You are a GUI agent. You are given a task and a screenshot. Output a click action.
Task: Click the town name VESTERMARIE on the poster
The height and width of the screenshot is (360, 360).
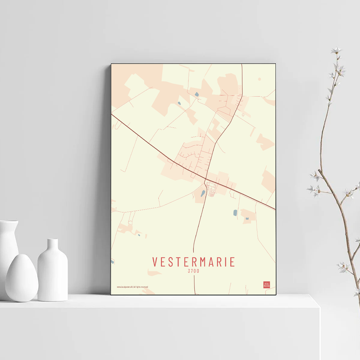point(193,262)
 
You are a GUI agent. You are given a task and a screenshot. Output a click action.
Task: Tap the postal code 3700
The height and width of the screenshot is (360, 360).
point(193,271)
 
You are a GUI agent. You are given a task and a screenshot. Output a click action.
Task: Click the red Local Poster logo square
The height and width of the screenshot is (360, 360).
point(266,285)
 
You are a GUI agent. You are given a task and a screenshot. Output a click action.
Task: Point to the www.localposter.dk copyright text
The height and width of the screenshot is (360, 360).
point(132,287)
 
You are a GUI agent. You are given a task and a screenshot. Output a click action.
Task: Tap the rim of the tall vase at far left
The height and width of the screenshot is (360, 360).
point(9,222)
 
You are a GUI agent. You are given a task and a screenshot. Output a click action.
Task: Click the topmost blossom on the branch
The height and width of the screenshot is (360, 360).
point(336,50)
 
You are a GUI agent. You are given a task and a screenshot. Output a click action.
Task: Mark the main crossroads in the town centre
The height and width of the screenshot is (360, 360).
point(206,179)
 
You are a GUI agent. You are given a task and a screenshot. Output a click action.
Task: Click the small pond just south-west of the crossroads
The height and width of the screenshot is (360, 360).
point(202,193)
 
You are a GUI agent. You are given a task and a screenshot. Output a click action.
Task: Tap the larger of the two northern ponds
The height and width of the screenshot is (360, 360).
point(196,95)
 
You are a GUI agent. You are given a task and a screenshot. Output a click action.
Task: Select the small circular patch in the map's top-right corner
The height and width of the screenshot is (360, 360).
point(259,79)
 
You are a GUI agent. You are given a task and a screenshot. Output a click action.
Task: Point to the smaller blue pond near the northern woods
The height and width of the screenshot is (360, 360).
point(179,103)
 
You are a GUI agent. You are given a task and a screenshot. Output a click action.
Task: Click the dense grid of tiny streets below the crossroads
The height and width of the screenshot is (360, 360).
point(212,189)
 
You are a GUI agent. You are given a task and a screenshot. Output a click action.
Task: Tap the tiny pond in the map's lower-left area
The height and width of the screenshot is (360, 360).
point(139,235)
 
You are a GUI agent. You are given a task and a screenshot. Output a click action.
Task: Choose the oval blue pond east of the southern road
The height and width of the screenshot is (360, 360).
point(235,212)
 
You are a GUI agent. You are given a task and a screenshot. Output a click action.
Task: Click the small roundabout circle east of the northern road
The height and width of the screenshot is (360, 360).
point(243,115)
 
